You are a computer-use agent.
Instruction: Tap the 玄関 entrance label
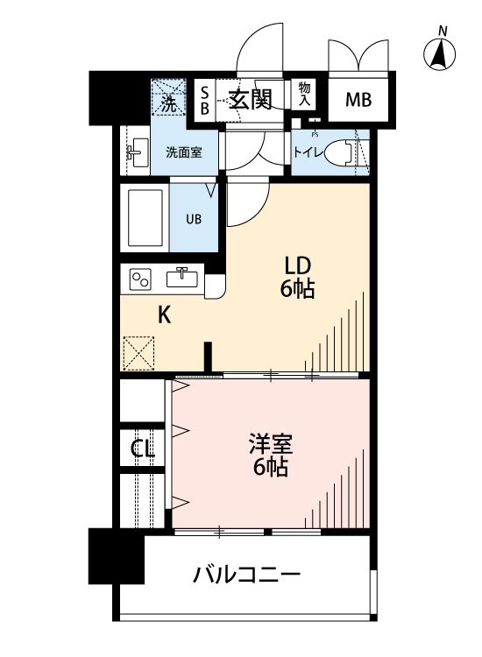pyautogui.click(x=250, y=100)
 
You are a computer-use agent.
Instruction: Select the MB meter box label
pyautogui.click(x=358, y=100)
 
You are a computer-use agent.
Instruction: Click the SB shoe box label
pyautogui.click(x=204, y=100)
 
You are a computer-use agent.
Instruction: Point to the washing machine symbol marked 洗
pyautogui.click(x=168, y=98)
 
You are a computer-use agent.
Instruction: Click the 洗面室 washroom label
pyautogui.click(x=184, y=152)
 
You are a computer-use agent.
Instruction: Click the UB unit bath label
pyautogui.click(x=194, y=219)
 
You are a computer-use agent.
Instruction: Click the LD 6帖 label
pyautogui.click(x=297, y=276)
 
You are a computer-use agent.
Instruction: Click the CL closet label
pyautogui.click(x=142, y=450)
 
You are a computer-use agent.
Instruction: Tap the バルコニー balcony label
pyautogui.click(x=246, y=576)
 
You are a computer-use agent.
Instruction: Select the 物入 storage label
pyautogui.click(x=304, y=95)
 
